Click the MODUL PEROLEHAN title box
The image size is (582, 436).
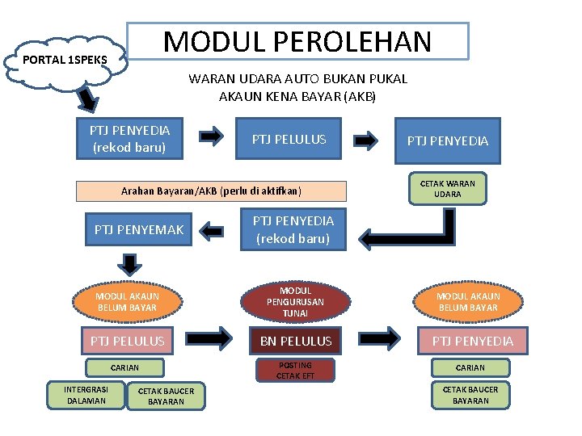(x=297, y=41)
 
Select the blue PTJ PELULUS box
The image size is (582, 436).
(x=289, y=140)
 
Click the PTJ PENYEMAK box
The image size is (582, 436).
(x=138, y=230)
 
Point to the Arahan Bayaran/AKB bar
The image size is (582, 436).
(x=210, y=191)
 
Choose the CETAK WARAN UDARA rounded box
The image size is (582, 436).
(x=447, y=189)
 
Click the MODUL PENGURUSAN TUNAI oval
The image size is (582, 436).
(x=295, y=301)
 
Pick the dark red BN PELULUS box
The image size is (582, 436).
(x=295, y=341)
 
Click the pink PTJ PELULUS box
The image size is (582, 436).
(x=127, y=341)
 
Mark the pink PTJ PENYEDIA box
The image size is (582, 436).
(x=472, y=341)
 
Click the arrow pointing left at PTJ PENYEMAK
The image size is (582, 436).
(x=212, y=231)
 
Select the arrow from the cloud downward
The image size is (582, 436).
(x=86, y=99)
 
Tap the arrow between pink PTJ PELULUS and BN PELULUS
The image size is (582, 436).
(x=213, y=339)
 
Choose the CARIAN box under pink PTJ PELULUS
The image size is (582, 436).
(x=124, y=367)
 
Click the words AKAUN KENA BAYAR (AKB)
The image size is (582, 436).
(x=297, y=97)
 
